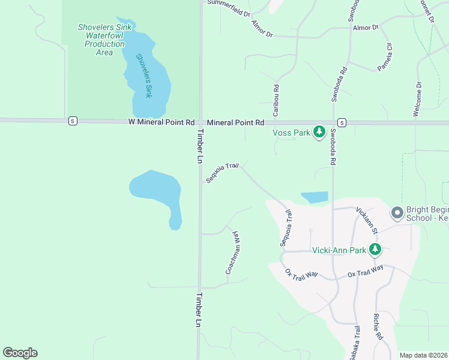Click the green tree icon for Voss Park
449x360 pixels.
319,131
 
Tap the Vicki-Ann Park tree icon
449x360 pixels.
376,249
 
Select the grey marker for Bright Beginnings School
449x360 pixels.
396,212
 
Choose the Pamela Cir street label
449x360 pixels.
385,58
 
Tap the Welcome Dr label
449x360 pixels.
418,99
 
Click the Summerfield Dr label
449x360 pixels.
229,4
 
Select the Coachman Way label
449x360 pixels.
233,253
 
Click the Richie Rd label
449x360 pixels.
378,328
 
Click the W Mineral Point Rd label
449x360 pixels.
161,122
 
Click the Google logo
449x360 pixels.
20,353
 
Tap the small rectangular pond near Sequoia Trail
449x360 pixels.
315,197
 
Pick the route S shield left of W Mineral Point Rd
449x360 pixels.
73,121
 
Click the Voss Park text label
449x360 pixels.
291,133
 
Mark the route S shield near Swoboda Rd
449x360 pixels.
341,122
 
